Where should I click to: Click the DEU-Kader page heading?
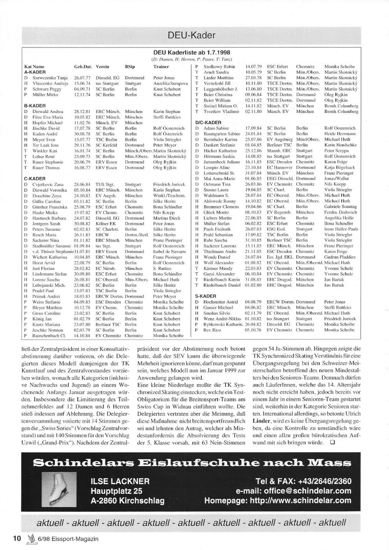(191, 35)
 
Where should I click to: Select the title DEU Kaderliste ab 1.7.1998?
(191, 53)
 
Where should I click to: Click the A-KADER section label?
(35, 72)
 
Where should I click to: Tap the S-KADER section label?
(206, 296)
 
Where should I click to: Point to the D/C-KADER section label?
(208, 122)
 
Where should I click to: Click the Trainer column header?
(161, 67)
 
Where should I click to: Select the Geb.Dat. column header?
(82, 67)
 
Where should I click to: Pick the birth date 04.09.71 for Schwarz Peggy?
(82, 89)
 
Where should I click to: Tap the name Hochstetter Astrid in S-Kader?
(221, 302)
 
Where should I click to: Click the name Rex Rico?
(212, 330)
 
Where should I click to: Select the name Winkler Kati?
(45, 151)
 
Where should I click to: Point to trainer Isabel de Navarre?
(170, 252)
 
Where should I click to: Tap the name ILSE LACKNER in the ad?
(120, 481)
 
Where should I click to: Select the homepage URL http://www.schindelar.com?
(278, 501)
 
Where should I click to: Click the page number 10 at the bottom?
(17, 539)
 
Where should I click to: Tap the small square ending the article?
(332, 442)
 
